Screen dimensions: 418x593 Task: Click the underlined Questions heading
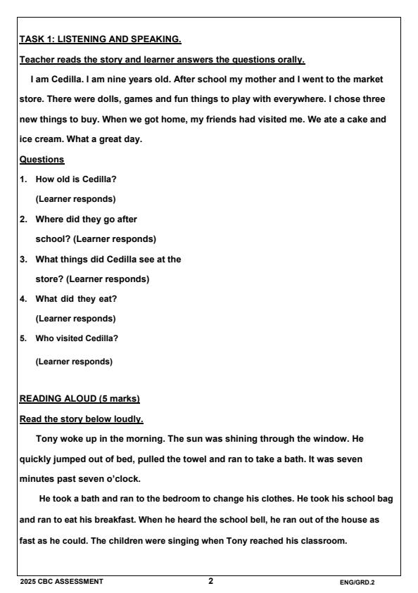tap(42, 159)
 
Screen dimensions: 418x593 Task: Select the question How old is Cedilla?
tap(76, 179)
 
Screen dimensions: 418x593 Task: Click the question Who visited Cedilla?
tap(77, 338)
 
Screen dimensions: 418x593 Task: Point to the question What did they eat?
tap(76, 298)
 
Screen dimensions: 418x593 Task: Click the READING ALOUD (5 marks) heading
tap(80, 399)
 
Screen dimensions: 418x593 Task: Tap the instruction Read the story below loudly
tap(81, 419)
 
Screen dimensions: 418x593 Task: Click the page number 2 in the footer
tap(210, 581)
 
